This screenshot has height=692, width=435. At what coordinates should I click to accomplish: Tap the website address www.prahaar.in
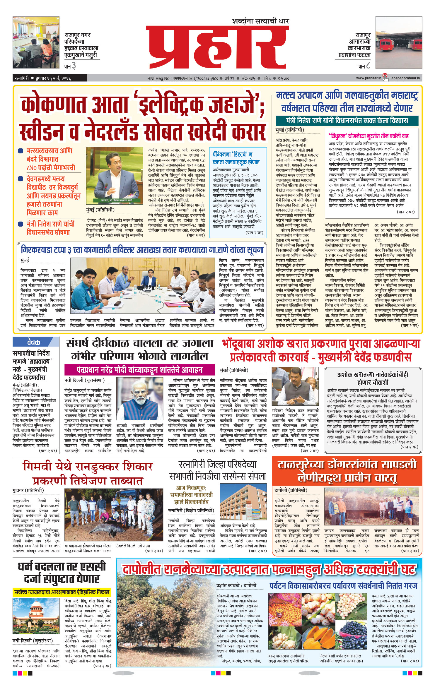pyautogui.click(x=369, y=78)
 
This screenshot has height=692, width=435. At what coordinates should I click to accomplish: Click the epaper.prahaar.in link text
pyautogui.click(x=405, y=78)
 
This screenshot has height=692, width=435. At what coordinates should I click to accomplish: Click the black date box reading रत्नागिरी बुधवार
pyautogui.click(x=50, y=78)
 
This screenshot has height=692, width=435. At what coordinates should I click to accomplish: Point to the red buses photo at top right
pyautogui.click(x=399, y=42)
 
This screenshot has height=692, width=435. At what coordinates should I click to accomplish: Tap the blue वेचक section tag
pyautogui.click(x=34, y=342)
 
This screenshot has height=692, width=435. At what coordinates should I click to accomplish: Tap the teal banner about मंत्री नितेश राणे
pyautogui.click(x=347, y=120)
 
